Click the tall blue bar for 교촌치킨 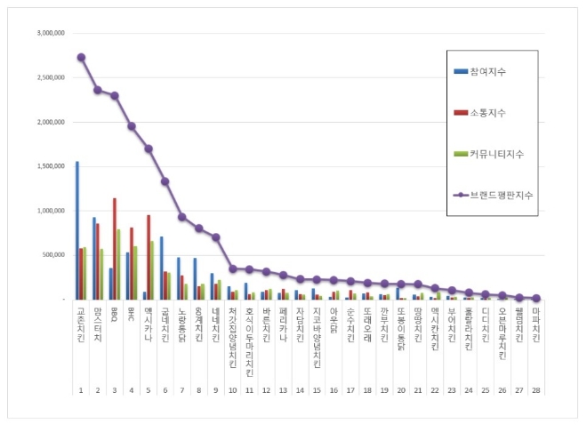coord(77,230)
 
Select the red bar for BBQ coord(114,249)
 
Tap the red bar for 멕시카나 coord(149,257)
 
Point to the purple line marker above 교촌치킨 coord(81,57)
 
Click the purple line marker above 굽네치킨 coord(165,181)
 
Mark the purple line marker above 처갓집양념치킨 coord(232,269)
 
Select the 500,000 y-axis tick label coord(52,255)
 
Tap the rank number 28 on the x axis coord(536,390)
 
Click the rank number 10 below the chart coord(232,390)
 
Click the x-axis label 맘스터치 coord(98,323)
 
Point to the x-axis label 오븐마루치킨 coord(503,334)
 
